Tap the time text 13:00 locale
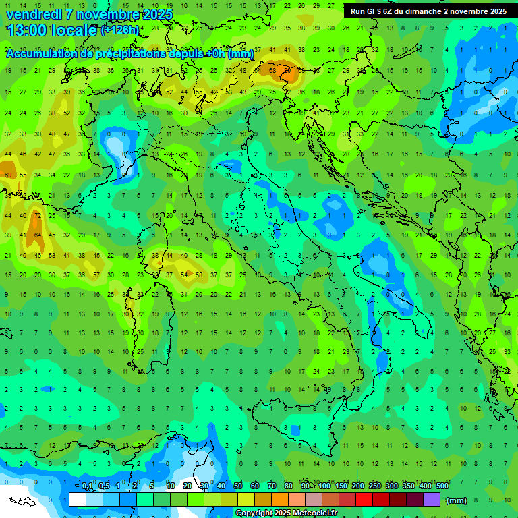point(51,30)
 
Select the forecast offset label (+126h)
point(120,30)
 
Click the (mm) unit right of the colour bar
point(457,500)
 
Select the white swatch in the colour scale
point(78,499)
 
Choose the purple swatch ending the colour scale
point(432,499)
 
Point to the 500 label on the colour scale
point(442,486)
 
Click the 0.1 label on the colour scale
point(87,486)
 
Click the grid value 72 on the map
point(38,215)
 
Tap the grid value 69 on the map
point(8,175)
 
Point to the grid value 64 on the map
point(38,235)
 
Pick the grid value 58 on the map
point(200,275)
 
